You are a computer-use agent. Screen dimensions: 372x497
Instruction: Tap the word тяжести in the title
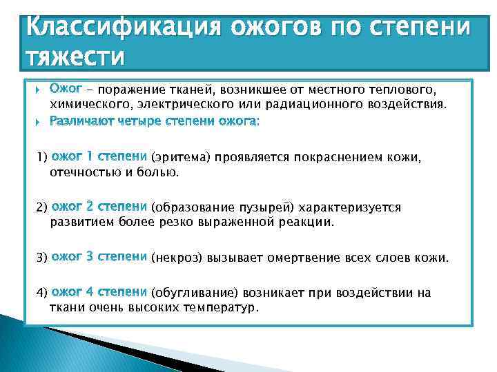click(75, 57)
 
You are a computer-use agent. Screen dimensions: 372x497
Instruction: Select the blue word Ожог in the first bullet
click(66, 89)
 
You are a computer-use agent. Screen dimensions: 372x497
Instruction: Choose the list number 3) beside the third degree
click(41, 258)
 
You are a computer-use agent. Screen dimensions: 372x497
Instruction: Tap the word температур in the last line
click(217, 307)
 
